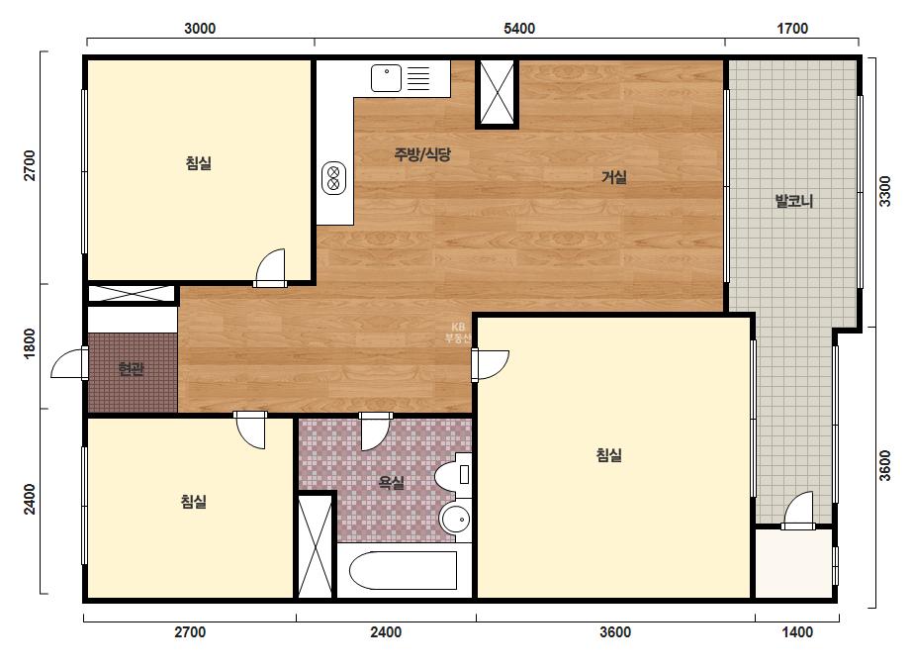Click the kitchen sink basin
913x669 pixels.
click(387, 78)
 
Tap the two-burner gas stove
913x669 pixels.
click(334, 178)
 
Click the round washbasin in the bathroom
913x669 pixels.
click(455, 518)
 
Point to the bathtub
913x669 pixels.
click(403, 570)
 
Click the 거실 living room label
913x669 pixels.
click(613, 176)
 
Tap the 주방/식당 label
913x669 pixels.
click(422, 154)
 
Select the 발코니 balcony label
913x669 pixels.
click(793, 202)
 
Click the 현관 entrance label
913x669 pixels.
click(131, 369)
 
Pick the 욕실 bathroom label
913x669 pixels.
click(392, 483)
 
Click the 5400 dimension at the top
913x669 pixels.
click(518, 29)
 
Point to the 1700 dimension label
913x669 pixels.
click(792, 29)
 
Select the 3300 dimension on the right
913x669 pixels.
click(885, 191)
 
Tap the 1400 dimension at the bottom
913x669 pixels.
click(797, 632)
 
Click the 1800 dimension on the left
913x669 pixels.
click(29, 343)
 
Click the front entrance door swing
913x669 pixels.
click(69, 363)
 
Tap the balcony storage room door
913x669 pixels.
click(798, 511)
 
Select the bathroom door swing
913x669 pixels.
click(375, 431)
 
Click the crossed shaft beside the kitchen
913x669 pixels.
click(497, 93)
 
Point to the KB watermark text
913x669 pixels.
click(458, 333)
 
